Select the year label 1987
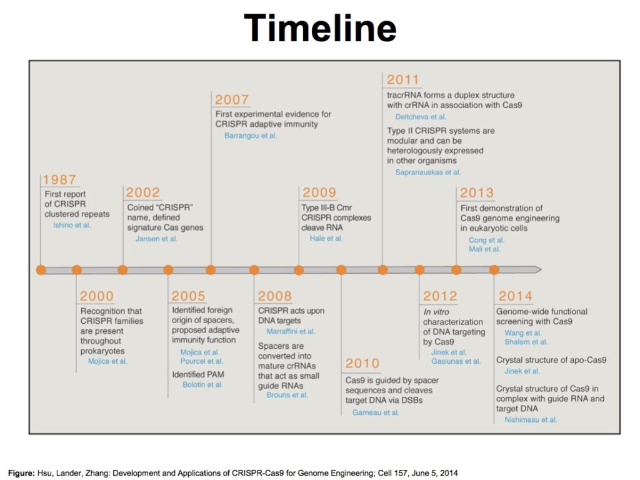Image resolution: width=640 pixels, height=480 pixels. (59, 180)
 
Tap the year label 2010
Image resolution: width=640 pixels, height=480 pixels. (362, 364)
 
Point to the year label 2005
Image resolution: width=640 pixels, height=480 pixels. (188, 296)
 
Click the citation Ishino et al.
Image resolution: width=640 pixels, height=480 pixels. (72, 225)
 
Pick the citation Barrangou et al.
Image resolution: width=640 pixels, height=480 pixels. (251, 136)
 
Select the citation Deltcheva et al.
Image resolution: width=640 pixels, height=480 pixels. (421, 117)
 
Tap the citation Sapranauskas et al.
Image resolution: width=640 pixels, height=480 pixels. (428, 172)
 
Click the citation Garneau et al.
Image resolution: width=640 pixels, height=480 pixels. (376, 412)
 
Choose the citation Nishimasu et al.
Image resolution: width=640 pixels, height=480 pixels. (531, 420)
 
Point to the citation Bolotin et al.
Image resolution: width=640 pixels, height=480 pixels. (202, 385)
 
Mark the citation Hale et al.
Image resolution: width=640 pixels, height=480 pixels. (326, 238)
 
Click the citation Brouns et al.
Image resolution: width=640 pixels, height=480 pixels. (287, 395)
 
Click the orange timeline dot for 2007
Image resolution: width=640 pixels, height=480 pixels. (211, 270)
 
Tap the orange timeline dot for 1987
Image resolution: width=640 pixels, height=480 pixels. (41, 270)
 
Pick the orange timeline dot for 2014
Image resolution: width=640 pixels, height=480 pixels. (494, 270)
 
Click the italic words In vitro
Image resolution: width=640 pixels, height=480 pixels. (436, 312)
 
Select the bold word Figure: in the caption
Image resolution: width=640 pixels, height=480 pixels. (21, 473)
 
